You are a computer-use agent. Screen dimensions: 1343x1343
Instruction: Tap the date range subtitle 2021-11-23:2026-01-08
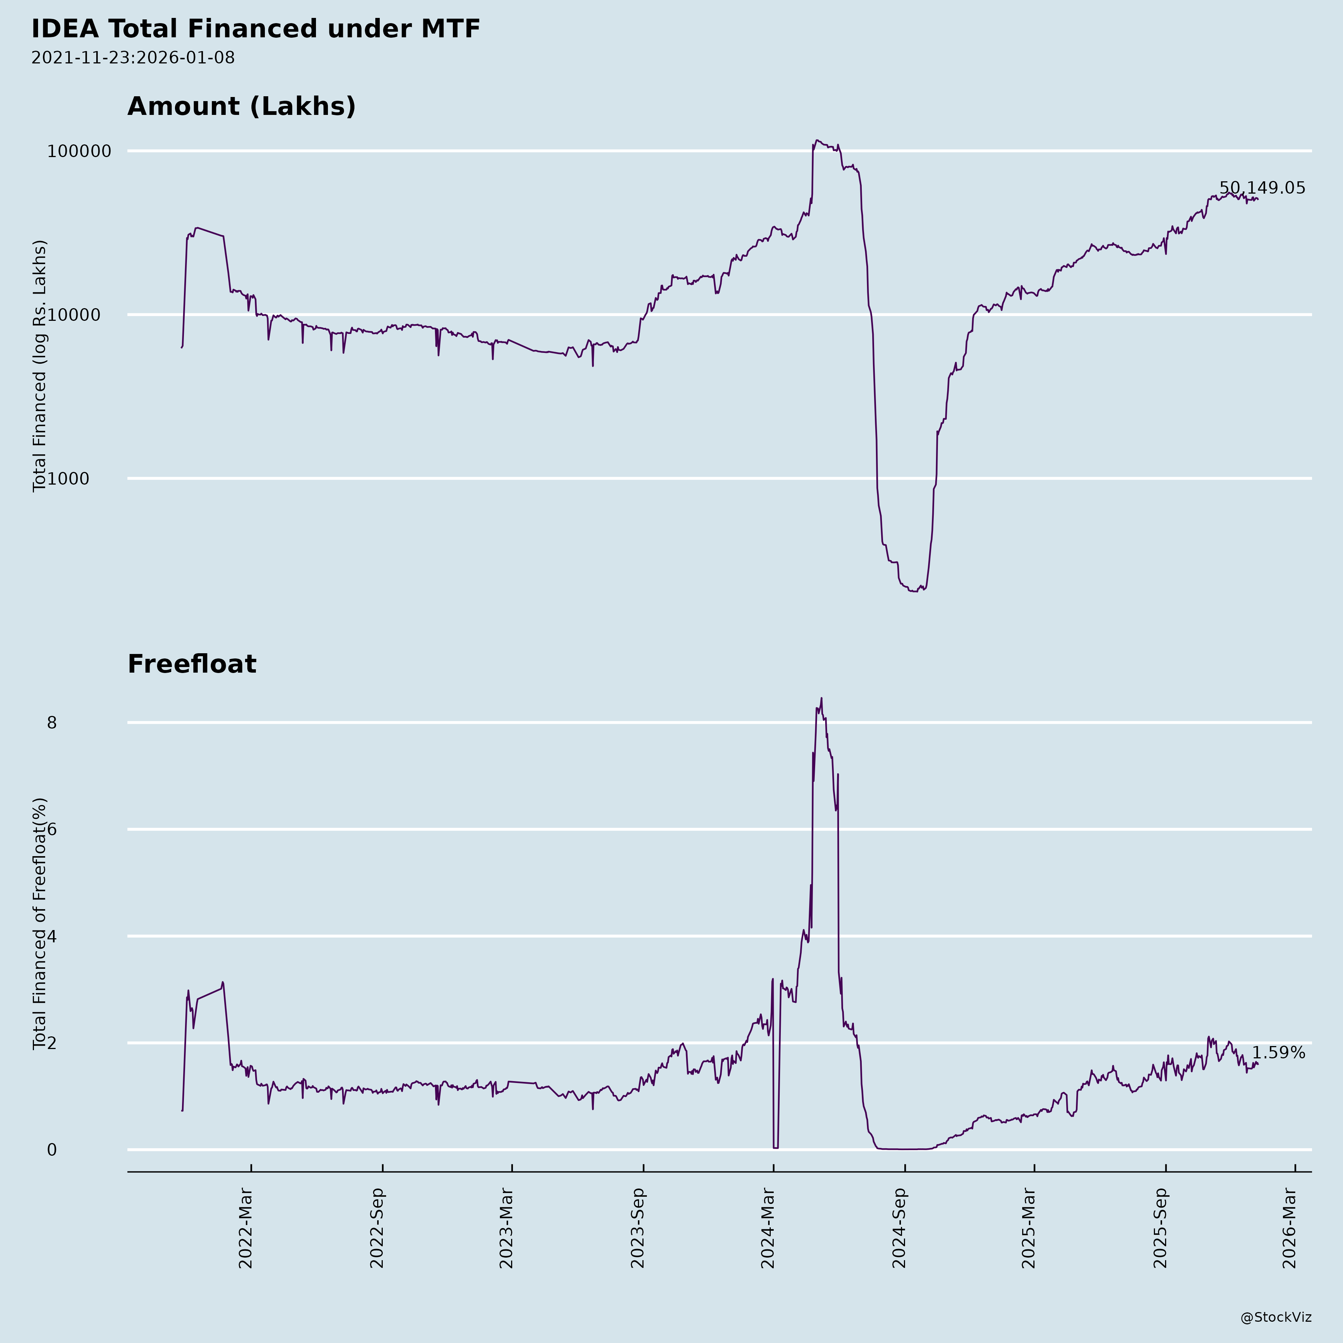(x=133, y=58)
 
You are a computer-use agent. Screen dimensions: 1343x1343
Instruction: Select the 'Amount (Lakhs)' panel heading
(x=241, y=106)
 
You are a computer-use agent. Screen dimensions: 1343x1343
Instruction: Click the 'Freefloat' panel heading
(x=192, y=664)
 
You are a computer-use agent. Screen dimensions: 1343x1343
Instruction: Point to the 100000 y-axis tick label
(x=79, y=151)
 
